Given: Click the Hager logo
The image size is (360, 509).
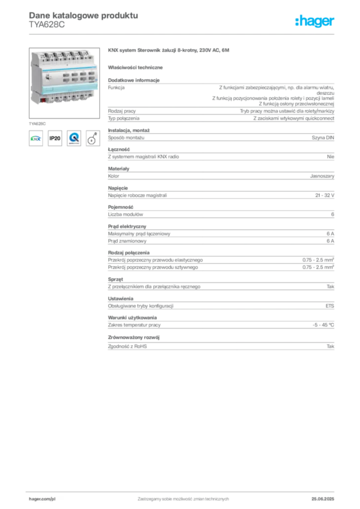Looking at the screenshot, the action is tap(314, 21).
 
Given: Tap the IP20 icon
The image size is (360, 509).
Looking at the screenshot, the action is tap(55, 138).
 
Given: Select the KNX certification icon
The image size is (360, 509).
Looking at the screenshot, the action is tap(36, 138).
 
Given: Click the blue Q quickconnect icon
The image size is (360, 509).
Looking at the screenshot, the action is tap(74, 138).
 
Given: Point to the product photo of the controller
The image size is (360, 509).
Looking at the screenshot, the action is tap(64, 83).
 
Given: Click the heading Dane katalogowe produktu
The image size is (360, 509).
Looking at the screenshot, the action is tap(84, 15).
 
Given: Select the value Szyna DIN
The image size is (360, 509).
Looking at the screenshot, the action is tap(323, 138).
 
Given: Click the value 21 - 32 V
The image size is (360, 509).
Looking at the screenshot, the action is tap(325, 195).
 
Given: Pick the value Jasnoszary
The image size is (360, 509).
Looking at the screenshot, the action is tap(322, 176).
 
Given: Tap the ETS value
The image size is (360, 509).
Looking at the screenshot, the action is tap(330, 306).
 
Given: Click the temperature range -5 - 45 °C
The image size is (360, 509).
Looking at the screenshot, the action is tap(323, 325).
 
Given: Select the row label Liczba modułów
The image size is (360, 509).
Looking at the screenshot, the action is tap(125, 214).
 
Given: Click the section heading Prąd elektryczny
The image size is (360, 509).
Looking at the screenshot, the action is tap(127, 226).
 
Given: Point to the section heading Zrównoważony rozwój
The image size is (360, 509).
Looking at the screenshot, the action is tap(134, 338).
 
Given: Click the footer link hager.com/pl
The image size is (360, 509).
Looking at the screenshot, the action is tap(42, 499).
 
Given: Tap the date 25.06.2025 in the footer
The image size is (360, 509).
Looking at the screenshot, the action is tap(323, 499).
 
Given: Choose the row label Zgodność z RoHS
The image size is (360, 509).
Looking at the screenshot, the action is tap(127, 346).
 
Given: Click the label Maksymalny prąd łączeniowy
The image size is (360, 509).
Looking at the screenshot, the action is tap(139, 234).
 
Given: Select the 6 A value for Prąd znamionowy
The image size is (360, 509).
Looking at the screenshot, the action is tap(331, 241).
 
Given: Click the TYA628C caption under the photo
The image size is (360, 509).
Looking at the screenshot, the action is tap(37, 124).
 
